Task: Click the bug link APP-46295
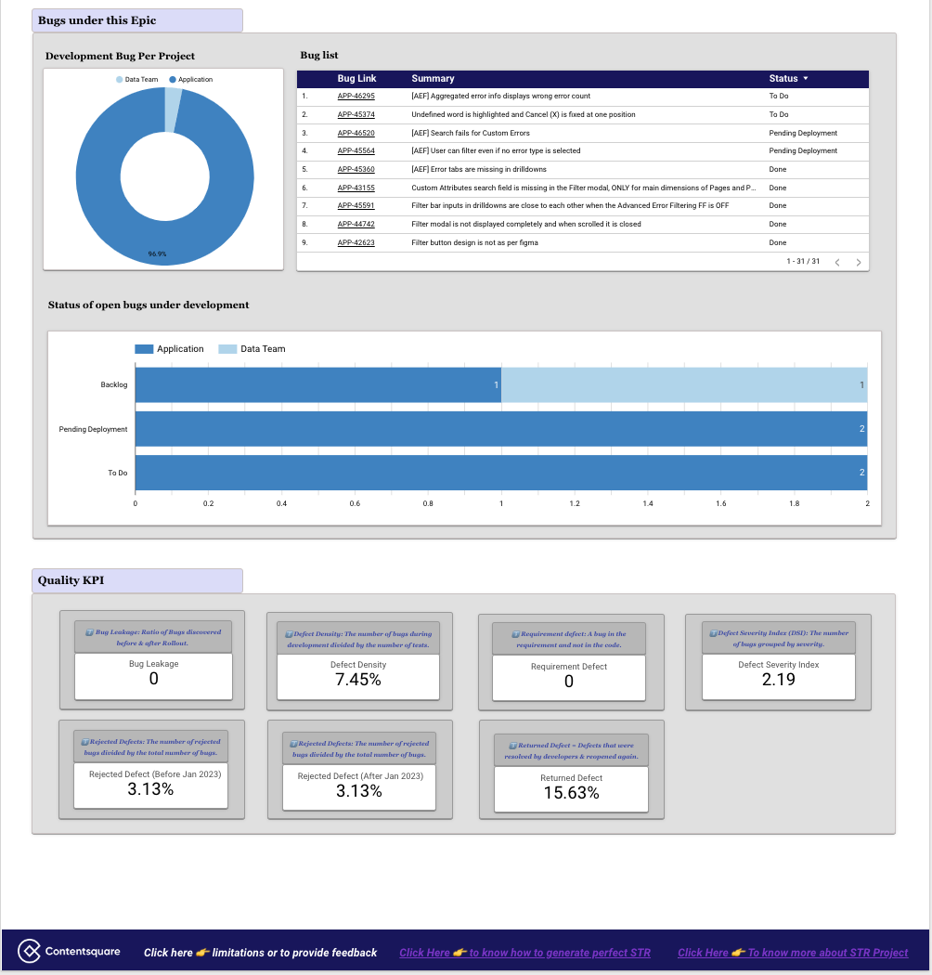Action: pos(356,97)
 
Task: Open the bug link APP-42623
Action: pos(356,242)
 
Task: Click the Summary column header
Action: pos(433,79)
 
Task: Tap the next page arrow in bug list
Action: pos(859,263)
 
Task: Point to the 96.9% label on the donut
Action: pos(158,253)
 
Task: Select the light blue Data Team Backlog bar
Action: pos(684,385)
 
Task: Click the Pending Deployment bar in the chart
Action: pos(501,429)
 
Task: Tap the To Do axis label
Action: pos(117,473)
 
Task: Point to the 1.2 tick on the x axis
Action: pos(575,503)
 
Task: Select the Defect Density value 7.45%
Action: pos(358,680)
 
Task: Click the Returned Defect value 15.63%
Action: pos(571,793)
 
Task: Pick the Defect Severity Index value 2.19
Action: pos(778,679)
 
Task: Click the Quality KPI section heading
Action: pos(71,580)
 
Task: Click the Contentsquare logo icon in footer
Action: pos(31,952)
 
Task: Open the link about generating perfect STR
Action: pos(524,953)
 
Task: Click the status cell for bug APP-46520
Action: pos(803,133)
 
